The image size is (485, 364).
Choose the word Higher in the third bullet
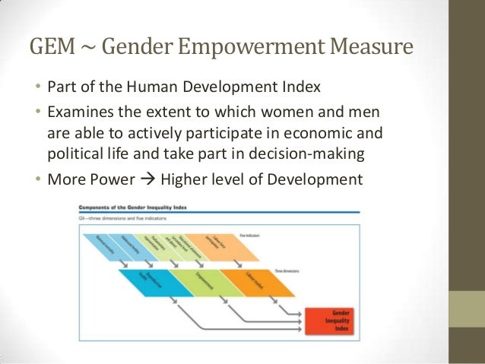[182, 180]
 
